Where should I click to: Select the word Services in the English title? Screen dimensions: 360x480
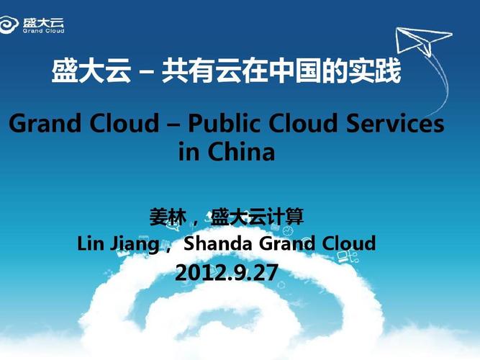[398, 124]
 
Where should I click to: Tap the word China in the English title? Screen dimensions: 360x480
[242, 152]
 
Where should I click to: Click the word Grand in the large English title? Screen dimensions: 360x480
[44, 124]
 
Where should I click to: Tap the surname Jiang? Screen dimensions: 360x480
[134, 244]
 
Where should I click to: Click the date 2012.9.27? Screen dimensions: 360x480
[226, 273]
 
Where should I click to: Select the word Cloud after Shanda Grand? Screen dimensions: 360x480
[348, 243]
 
